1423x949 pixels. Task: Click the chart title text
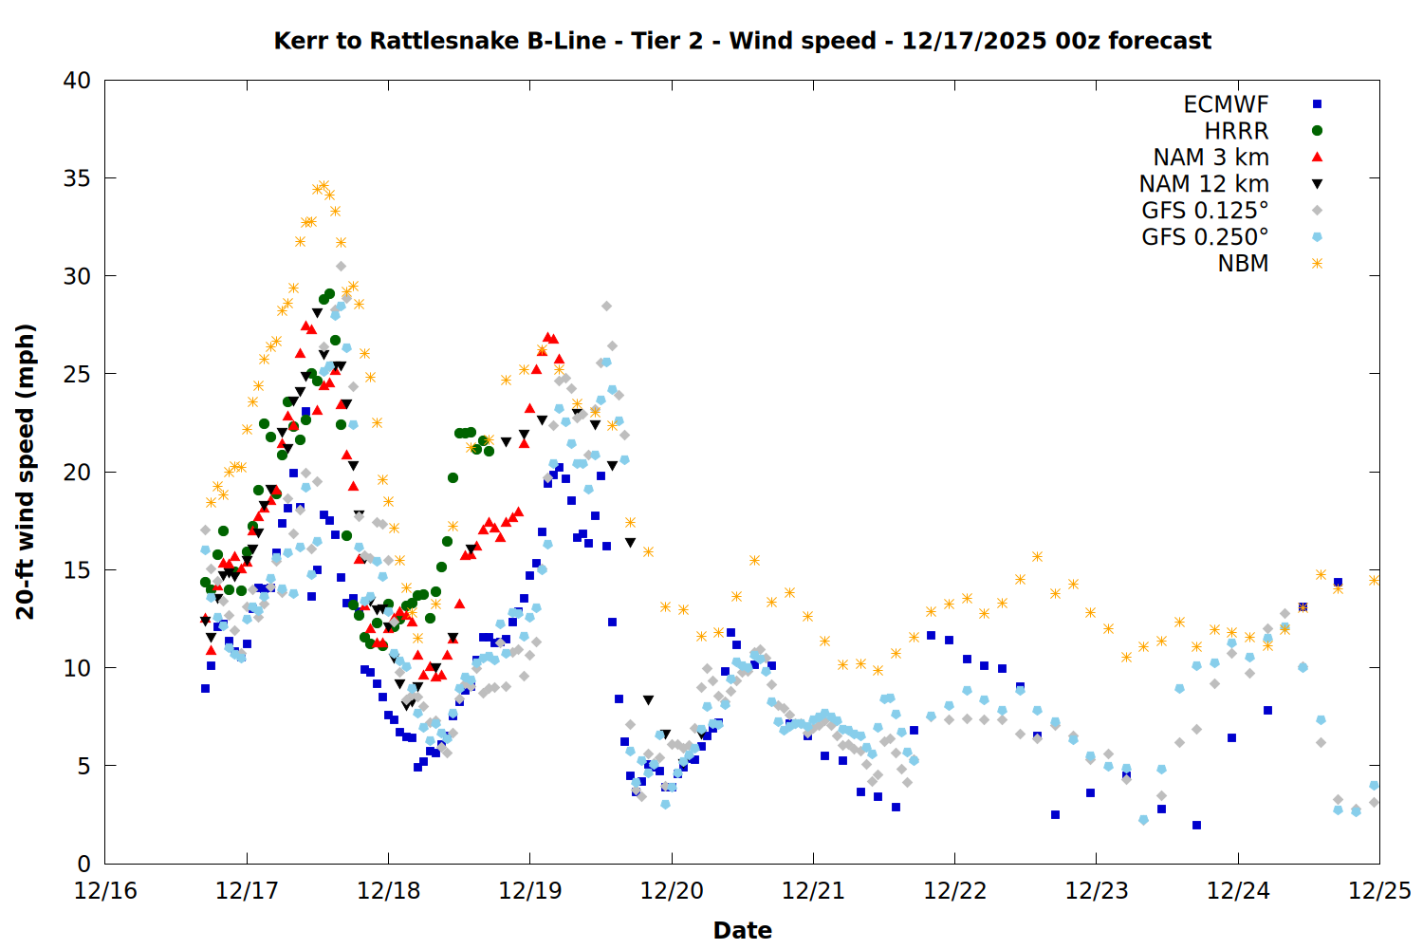[x=742, y=41]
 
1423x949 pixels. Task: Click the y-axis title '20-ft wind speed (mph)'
[x=26, y=472]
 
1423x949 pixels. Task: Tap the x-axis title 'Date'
[x=742, y=930]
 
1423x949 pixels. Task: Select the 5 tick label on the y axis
[x=84, y=766]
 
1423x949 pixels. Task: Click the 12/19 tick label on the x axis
[x=529, y=891]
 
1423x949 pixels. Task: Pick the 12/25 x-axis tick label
[x=1379, y=891]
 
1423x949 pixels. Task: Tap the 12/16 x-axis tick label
[x=105, y=891]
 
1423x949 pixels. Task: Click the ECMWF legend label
[x=1226, y=104]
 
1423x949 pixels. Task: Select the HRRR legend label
[x=1236, y=131]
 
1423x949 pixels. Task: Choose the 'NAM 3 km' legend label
[x=1210, y=158]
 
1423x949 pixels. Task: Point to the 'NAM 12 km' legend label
[x=1204, y=184]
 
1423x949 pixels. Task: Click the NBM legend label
[x=1243, y=264]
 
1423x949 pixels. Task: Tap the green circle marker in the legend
[x=1317, y=131]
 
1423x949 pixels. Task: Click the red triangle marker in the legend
[x=1317, y=157]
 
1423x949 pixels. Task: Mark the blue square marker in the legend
[x=1317, y=104]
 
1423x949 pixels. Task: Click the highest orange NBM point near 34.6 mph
[x=323, y=186]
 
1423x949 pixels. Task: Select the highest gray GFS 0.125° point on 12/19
[x=606, y=306]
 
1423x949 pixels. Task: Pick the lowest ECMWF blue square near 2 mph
[x=1196, y=825]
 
